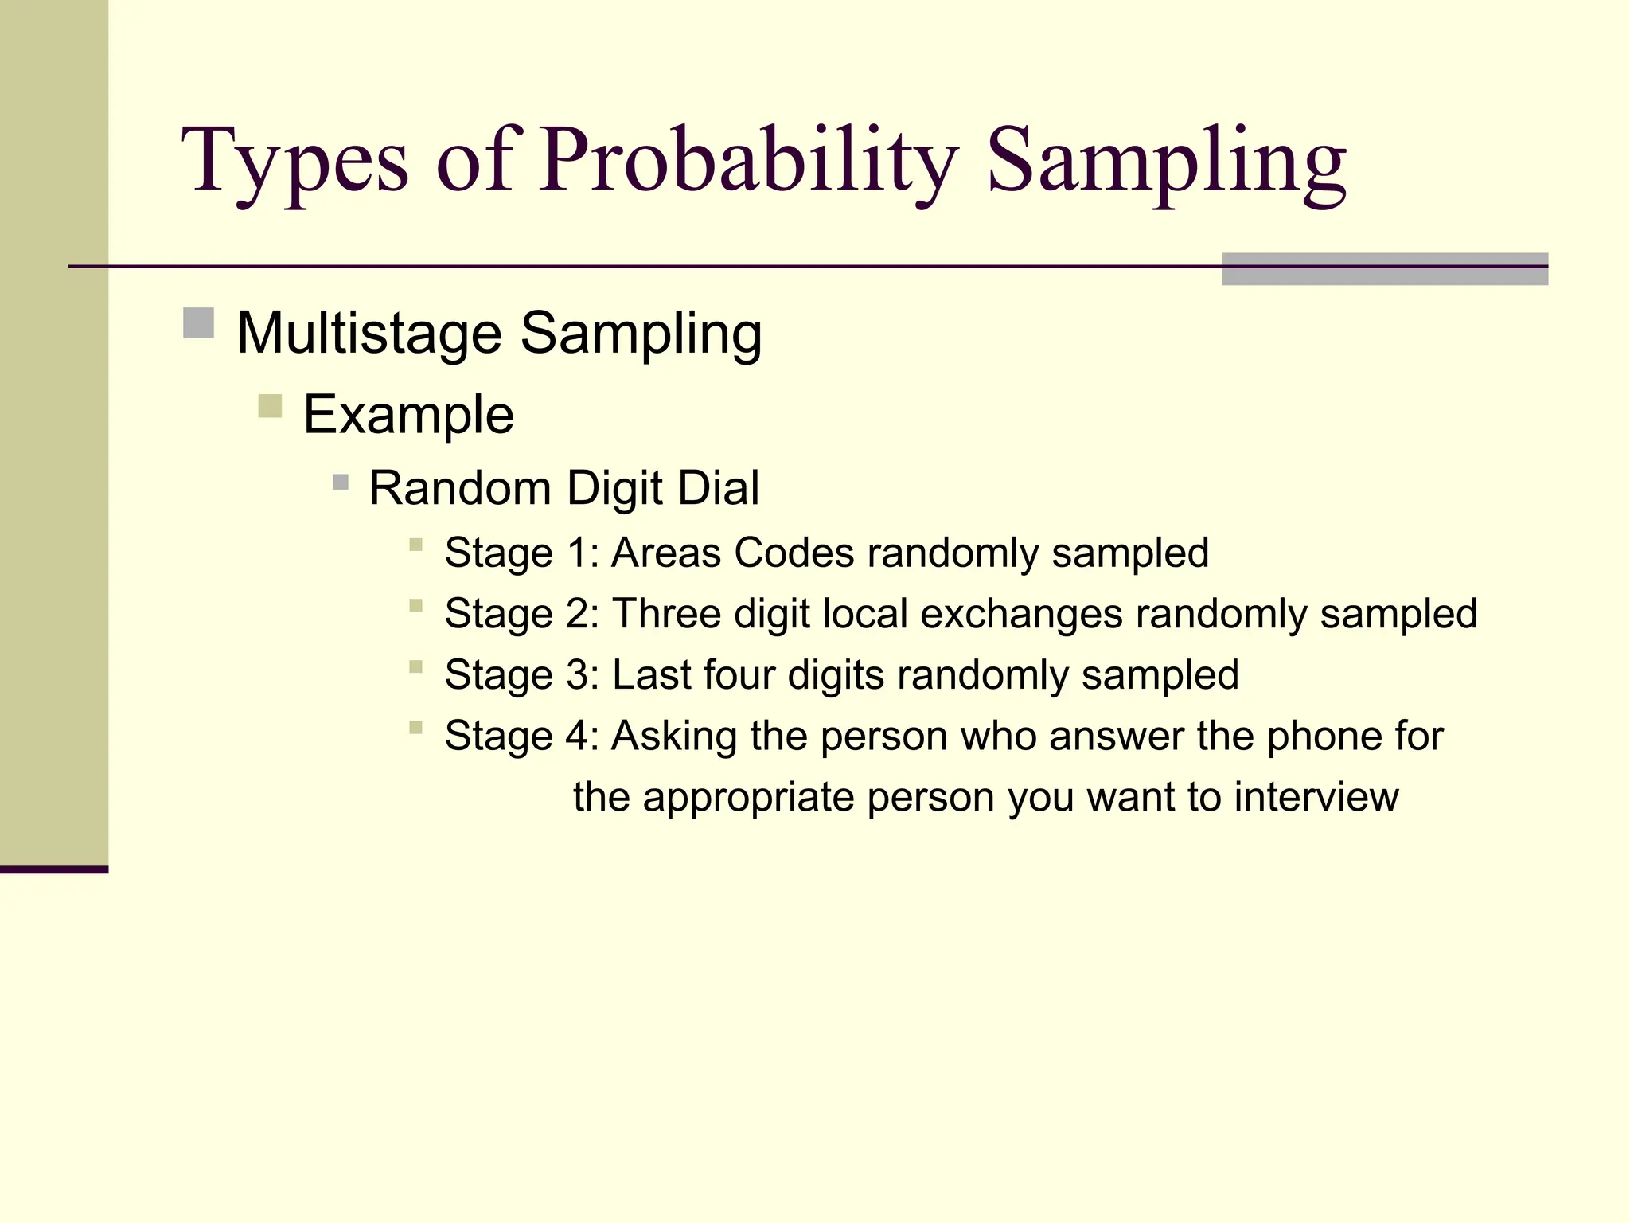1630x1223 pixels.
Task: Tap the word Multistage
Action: (x=369, y=333)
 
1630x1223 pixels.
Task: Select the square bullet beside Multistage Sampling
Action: (x=198, y=323)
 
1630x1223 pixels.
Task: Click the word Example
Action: (x=408, y=415)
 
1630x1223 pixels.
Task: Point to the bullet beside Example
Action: (x=270, y=406)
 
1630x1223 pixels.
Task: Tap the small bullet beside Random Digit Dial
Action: (x=341, y=482)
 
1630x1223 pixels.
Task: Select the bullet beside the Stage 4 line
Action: (x=415, y=727)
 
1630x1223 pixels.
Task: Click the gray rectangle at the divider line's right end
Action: (x=1385, y=269)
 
